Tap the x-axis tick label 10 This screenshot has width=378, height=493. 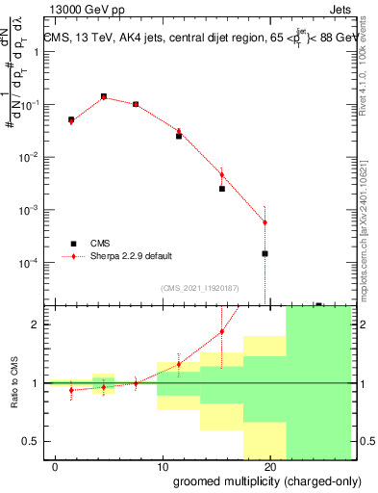point(162,466)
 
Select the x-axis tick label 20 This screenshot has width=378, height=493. point(270,466)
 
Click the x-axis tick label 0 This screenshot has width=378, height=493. point(55,466)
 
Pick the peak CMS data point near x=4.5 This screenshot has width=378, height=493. point(104,96)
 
